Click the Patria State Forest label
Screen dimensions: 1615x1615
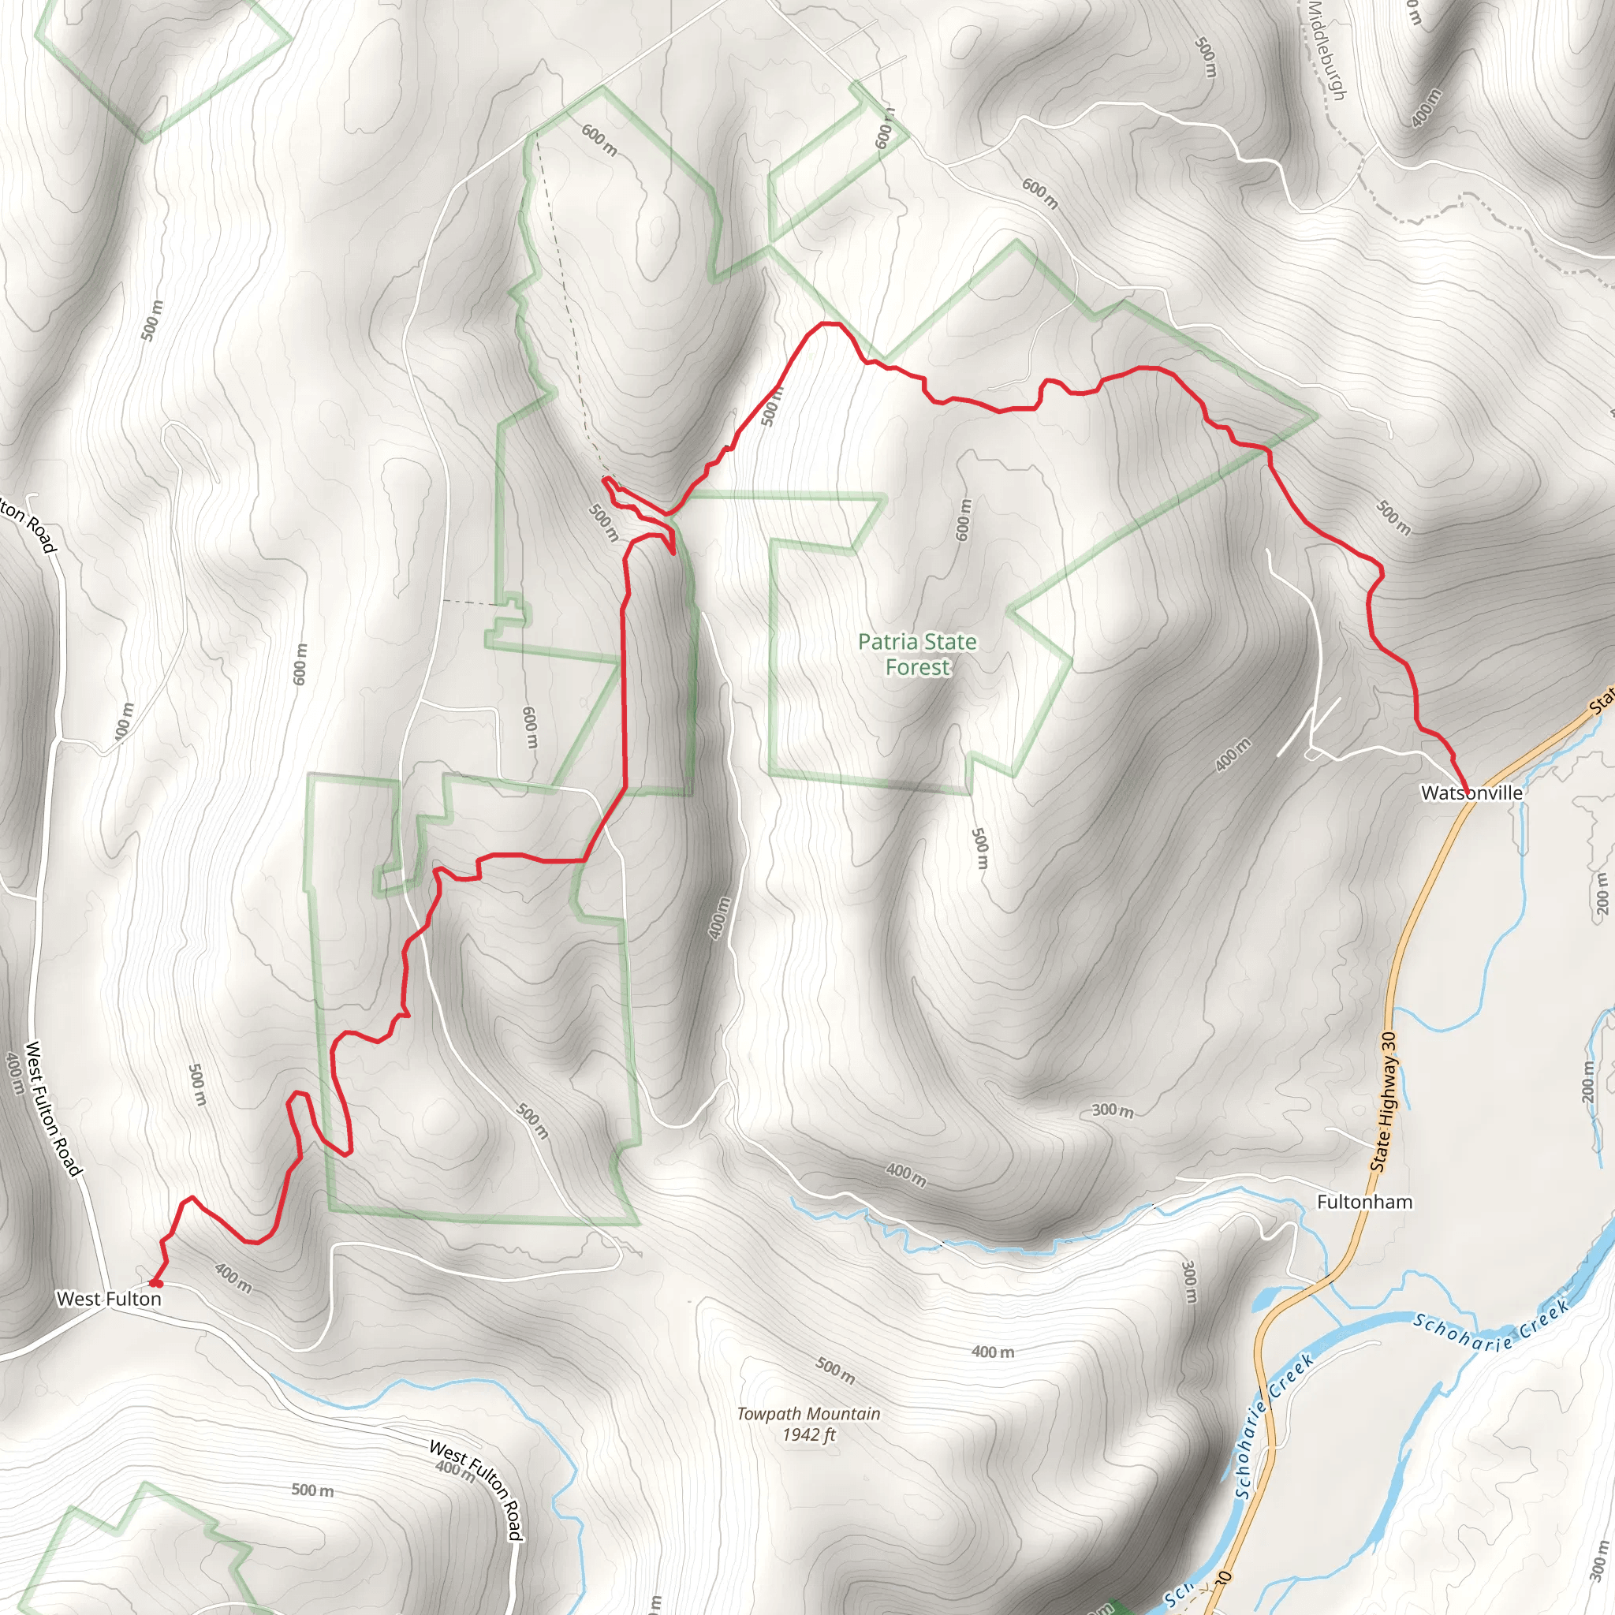click(x=917, y=655)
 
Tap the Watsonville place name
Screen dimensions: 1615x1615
click(x=1471, y=793)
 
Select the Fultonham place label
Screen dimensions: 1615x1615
click(x=1364, y=1202)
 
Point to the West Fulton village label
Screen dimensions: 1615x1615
click(x=109, y=1299)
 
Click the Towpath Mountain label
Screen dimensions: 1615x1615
click(x=808, y=1414)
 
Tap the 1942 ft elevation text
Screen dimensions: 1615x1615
click(x=808, y=1435)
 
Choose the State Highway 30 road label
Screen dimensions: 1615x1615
click(x=1383, y=1102)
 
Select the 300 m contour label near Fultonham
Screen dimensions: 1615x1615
click(x=1113, y=1111)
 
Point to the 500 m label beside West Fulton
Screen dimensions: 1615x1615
click(x=197, y=1085)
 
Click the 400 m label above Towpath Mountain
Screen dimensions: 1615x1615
click(x=993, y=1352)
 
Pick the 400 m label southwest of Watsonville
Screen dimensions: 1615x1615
click(x=1233, y=755)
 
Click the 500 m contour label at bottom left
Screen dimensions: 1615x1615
click(x=312, y=1490)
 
